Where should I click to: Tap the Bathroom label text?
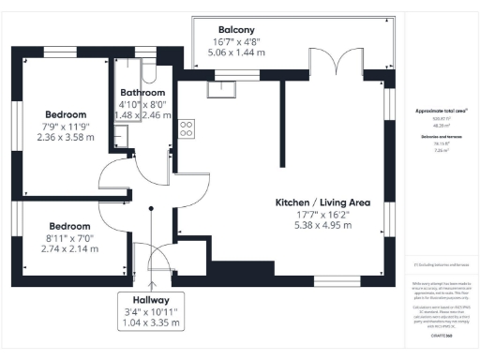tap(142, 93)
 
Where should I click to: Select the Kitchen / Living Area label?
tap(322, 202)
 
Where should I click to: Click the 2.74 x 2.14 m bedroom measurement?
tap(70, 249)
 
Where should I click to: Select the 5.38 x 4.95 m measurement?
tap(322, 226)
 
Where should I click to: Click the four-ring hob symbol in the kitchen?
tap(187, 127)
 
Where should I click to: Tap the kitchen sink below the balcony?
tap(224, 88)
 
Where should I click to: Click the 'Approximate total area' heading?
tap(441, 112)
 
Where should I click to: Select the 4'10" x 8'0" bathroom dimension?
tap(142, 104)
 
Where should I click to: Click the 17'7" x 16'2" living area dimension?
tap(322, 215)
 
